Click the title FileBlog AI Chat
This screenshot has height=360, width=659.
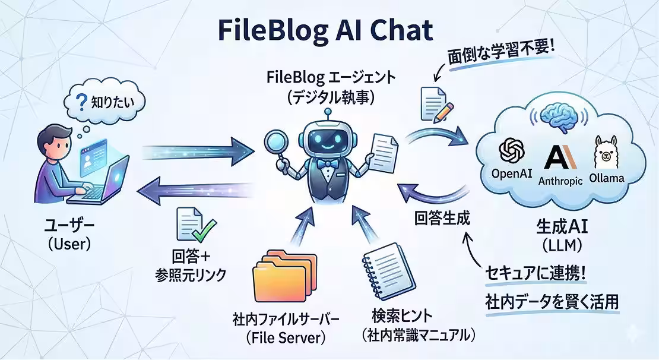coord(325,31)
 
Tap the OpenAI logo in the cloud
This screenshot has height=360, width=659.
coord(512,150)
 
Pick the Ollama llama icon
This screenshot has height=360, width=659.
coord(605,152)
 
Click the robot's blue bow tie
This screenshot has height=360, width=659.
coord(327,163)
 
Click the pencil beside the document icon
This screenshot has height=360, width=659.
coord(443,112)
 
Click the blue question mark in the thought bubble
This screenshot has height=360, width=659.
coord(80,102)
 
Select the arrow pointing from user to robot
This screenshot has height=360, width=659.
coord(198,152)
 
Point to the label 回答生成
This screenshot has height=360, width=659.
coord(442,219)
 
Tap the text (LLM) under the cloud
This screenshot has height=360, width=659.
coord(562,245)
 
